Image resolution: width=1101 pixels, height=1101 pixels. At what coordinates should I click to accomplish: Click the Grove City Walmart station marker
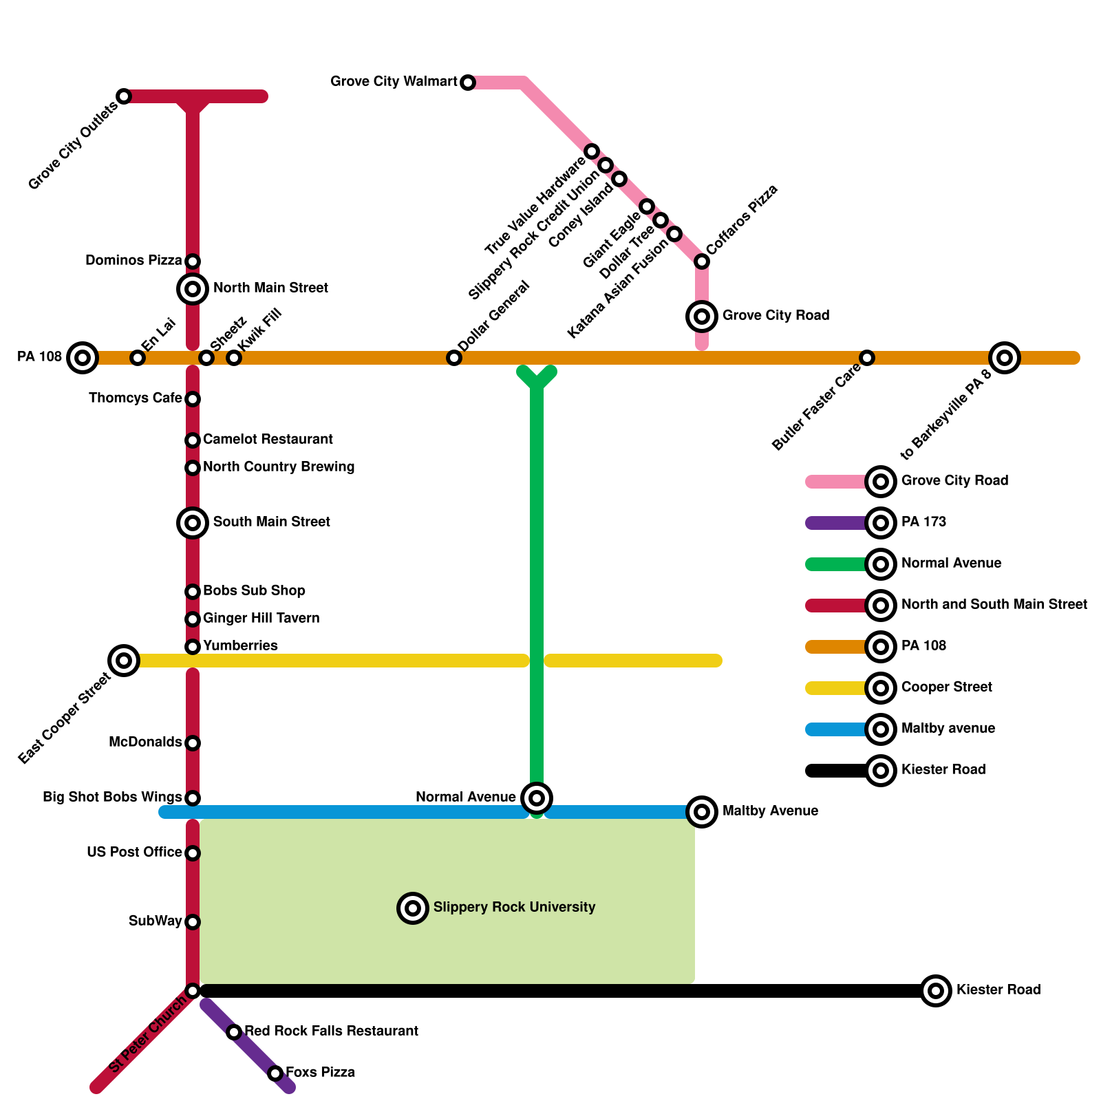[468, 83]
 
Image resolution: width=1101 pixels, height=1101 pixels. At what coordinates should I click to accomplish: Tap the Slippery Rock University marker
[413, 908]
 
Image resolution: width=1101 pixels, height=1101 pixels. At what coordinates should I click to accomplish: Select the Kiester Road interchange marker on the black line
[936, 991]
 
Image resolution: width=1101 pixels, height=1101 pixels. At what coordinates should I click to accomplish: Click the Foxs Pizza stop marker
[275, 1073]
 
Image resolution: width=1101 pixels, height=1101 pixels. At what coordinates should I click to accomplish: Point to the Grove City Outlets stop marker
[124, 96]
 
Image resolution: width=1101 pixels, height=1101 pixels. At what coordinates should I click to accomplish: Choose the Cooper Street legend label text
[947, 687]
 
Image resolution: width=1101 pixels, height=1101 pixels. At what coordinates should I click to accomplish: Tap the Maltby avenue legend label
[948, 729]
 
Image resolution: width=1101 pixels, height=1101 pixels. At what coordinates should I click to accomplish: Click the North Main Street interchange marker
[193, 289]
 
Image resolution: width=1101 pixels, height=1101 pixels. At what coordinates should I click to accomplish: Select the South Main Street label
[271, 522]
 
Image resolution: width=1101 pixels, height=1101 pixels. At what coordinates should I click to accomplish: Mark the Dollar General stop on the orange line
[454, 358]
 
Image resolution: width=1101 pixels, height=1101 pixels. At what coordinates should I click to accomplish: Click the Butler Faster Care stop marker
[867, 358]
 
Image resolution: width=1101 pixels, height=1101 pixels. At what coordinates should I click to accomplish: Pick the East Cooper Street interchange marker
[124, 661]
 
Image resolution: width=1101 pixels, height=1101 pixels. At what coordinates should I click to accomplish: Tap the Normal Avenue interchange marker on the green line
[537, 798]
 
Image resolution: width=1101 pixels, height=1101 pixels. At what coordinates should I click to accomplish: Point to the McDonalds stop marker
[193, 743]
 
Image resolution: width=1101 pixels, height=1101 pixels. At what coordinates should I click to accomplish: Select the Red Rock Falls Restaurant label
[331, 1031]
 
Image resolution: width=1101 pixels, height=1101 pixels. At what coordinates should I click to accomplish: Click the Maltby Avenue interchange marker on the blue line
[702, 812]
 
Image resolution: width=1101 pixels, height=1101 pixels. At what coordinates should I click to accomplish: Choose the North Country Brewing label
[279, 467]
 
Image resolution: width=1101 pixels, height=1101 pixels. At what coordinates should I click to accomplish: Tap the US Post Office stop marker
[193, 853]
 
